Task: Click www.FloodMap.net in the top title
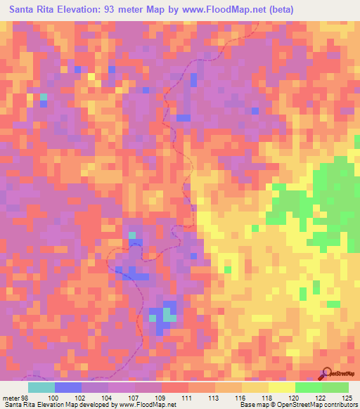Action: [x=218, y=9]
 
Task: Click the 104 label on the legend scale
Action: [x=108, y=398]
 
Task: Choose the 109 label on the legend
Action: [x=161, y=398]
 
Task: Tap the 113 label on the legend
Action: [x=215, y=398]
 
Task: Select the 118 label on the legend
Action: [x=269, y=398]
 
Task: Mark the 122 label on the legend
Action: [x=322, y=398]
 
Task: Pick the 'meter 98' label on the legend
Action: [x=15, y=398]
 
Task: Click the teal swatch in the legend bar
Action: [x=41, y=387]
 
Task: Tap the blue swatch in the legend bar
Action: [x=68, y=387]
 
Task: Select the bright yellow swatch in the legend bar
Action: [x=282, y=387]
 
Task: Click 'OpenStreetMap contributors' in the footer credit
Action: [x=324, y=405]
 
